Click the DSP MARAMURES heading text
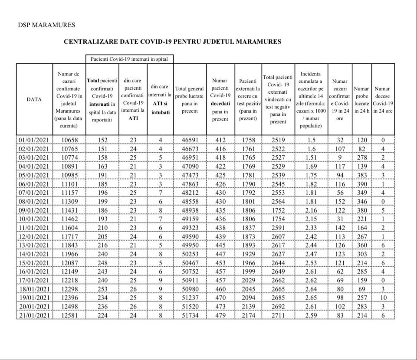coord(46,25)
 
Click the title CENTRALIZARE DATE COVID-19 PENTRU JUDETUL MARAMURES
coord(172,42)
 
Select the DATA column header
coord(34,99)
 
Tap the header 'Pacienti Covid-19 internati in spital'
coord(130,59)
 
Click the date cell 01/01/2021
coord(34,140)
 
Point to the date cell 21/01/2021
coord(34,315)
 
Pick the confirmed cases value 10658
coord(69,140)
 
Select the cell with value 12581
coord(69,315)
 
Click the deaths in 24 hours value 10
coord(383,298)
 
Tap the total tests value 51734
coord(190,315)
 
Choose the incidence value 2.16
coord(311,210)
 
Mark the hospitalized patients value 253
coord(102,289)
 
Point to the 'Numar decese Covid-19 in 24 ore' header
coord(383,99)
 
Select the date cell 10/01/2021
coord(34,219)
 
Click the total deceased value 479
coord(220,315)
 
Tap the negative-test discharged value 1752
coord(278,210)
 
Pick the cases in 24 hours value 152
coord(340,201)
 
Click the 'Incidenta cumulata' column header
coord(311,99)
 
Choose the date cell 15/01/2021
coord(34,262)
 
